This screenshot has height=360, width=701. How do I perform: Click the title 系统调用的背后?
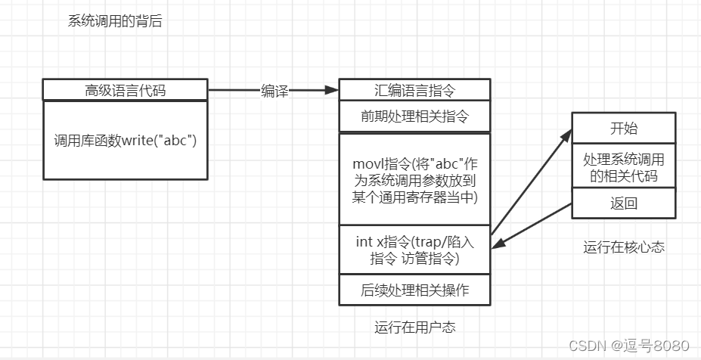point(115,22)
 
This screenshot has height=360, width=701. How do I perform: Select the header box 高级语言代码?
point(125,91)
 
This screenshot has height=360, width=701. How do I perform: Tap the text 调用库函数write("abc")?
point(125,140)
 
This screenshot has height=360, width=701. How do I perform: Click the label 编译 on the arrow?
point(275,91)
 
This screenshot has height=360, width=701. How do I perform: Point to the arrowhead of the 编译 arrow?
point(332,91)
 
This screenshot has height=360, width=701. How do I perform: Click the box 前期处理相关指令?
point(414,117)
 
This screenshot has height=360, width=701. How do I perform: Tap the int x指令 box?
point(414,250)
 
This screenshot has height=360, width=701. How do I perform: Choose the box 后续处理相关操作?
point(414,290)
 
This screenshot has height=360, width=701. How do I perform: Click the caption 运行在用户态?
point(414,327)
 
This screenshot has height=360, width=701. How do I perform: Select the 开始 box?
point(623,126)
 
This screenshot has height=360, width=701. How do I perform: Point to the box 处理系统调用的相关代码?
point(623,168)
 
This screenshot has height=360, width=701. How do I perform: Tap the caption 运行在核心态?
point(623,247)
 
